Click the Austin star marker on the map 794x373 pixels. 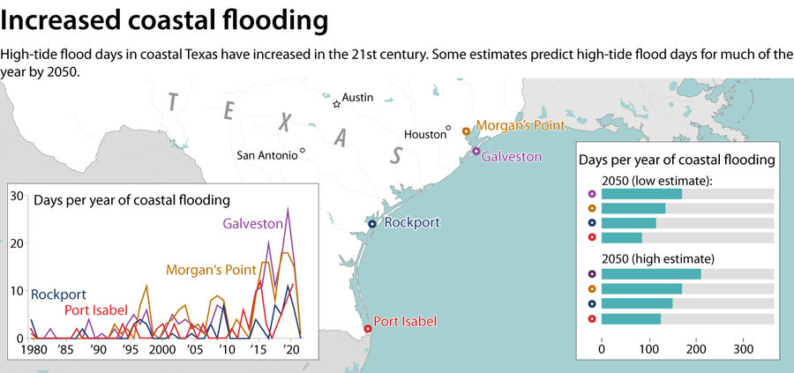pyautogui.click(x=336, y=104)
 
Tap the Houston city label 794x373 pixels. pyautogui.click(x=425, y=134)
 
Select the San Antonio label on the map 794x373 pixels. pyautogui.click(x=266, y=155)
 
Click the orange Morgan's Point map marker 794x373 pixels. pyautogui.click(x=466, y=131)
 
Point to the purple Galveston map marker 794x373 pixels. pyautogui.click(x=476, y=152)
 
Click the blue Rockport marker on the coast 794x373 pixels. pyautogui.click(x=372, y=224)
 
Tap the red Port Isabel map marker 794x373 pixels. pyautogui.click(x=368, y=329)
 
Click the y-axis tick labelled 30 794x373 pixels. pyautogui.click(x=17, y=196)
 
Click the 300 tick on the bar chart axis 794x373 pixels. pyautogui.click(x=744, y=349)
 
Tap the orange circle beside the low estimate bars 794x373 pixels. pyautogui.click(x=591, y=209)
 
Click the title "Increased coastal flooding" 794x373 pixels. pyautogui.click(x=165, y=19)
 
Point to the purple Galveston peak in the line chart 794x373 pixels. pyautogui.click(x=287, y=208)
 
